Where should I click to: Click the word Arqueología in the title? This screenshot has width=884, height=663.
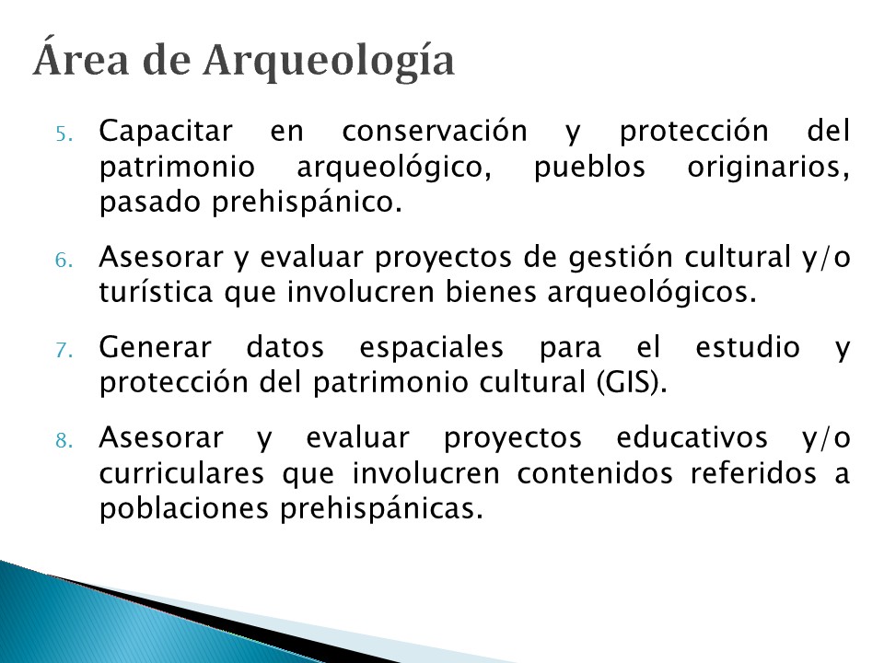point(329,62)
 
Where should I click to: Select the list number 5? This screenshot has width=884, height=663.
point(64,134)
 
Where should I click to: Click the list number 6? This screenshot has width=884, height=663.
point(64,260)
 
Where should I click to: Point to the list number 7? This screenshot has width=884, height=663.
point(64,350)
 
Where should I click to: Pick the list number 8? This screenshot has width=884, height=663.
point(64,440)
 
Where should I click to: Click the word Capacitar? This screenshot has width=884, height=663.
point(166,133)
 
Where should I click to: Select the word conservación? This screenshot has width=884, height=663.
point(435,132)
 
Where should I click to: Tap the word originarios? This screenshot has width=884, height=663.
point(768,168)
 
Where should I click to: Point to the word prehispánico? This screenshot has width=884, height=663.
point(308,203)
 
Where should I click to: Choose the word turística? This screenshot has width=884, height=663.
point(157,292)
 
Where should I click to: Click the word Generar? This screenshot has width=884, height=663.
point(155,347)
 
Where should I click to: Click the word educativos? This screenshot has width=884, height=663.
point(692,437)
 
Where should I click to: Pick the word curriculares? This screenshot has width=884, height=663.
point(181,473)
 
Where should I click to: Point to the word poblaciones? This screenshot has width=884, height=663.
point(184,509)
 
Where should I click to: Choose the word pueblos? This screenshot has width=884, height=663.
point(589,168)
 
